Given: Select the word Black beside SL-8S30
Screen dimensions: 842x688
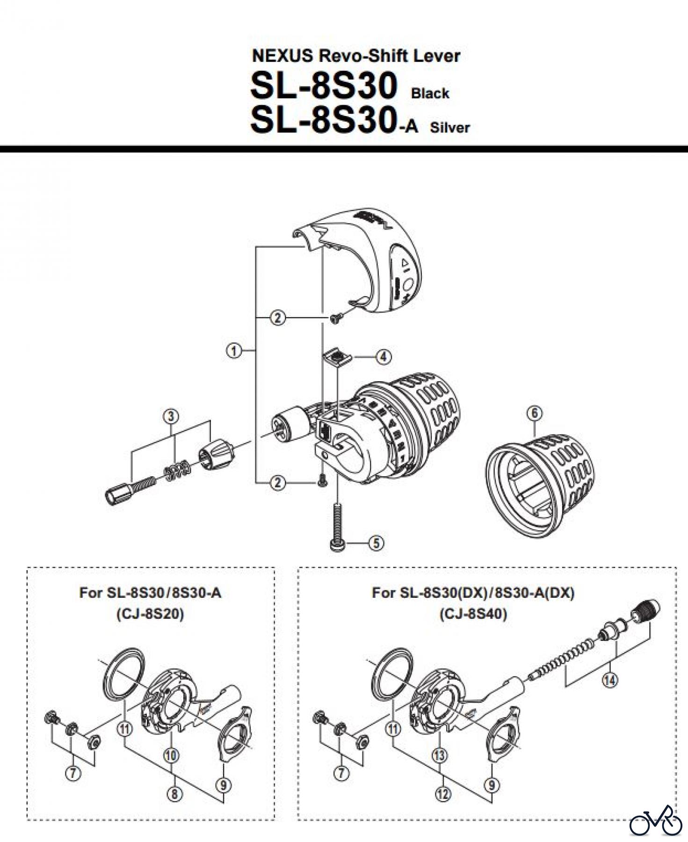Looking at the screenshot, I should point(430,93).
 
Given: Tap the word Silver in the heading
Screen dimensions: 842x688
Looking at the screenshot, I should point(450,127).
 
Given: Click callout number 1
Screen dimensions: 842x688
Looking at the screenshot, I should point(234,350).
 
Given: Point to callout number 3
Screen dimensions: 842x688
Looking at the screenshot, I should point(171,416).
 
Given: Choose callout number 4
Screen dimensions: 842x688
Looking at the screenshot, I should point(383,357).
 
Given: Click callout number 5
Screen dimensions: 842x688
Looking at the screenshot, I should point(376,543).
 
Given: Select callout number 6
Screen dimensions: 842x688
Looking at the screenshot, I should point(535,413).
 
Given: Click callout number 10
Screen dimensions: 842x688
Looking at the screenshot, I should point(171,755).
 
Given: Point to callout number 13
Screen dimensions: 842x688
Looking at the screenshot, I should point(440,755).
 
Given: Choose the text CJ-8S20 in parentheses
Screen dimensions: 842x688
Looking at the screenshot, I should point(150,614).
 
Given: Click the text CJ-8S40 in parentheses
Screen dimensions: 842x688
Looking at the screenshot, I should point(473,614).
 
